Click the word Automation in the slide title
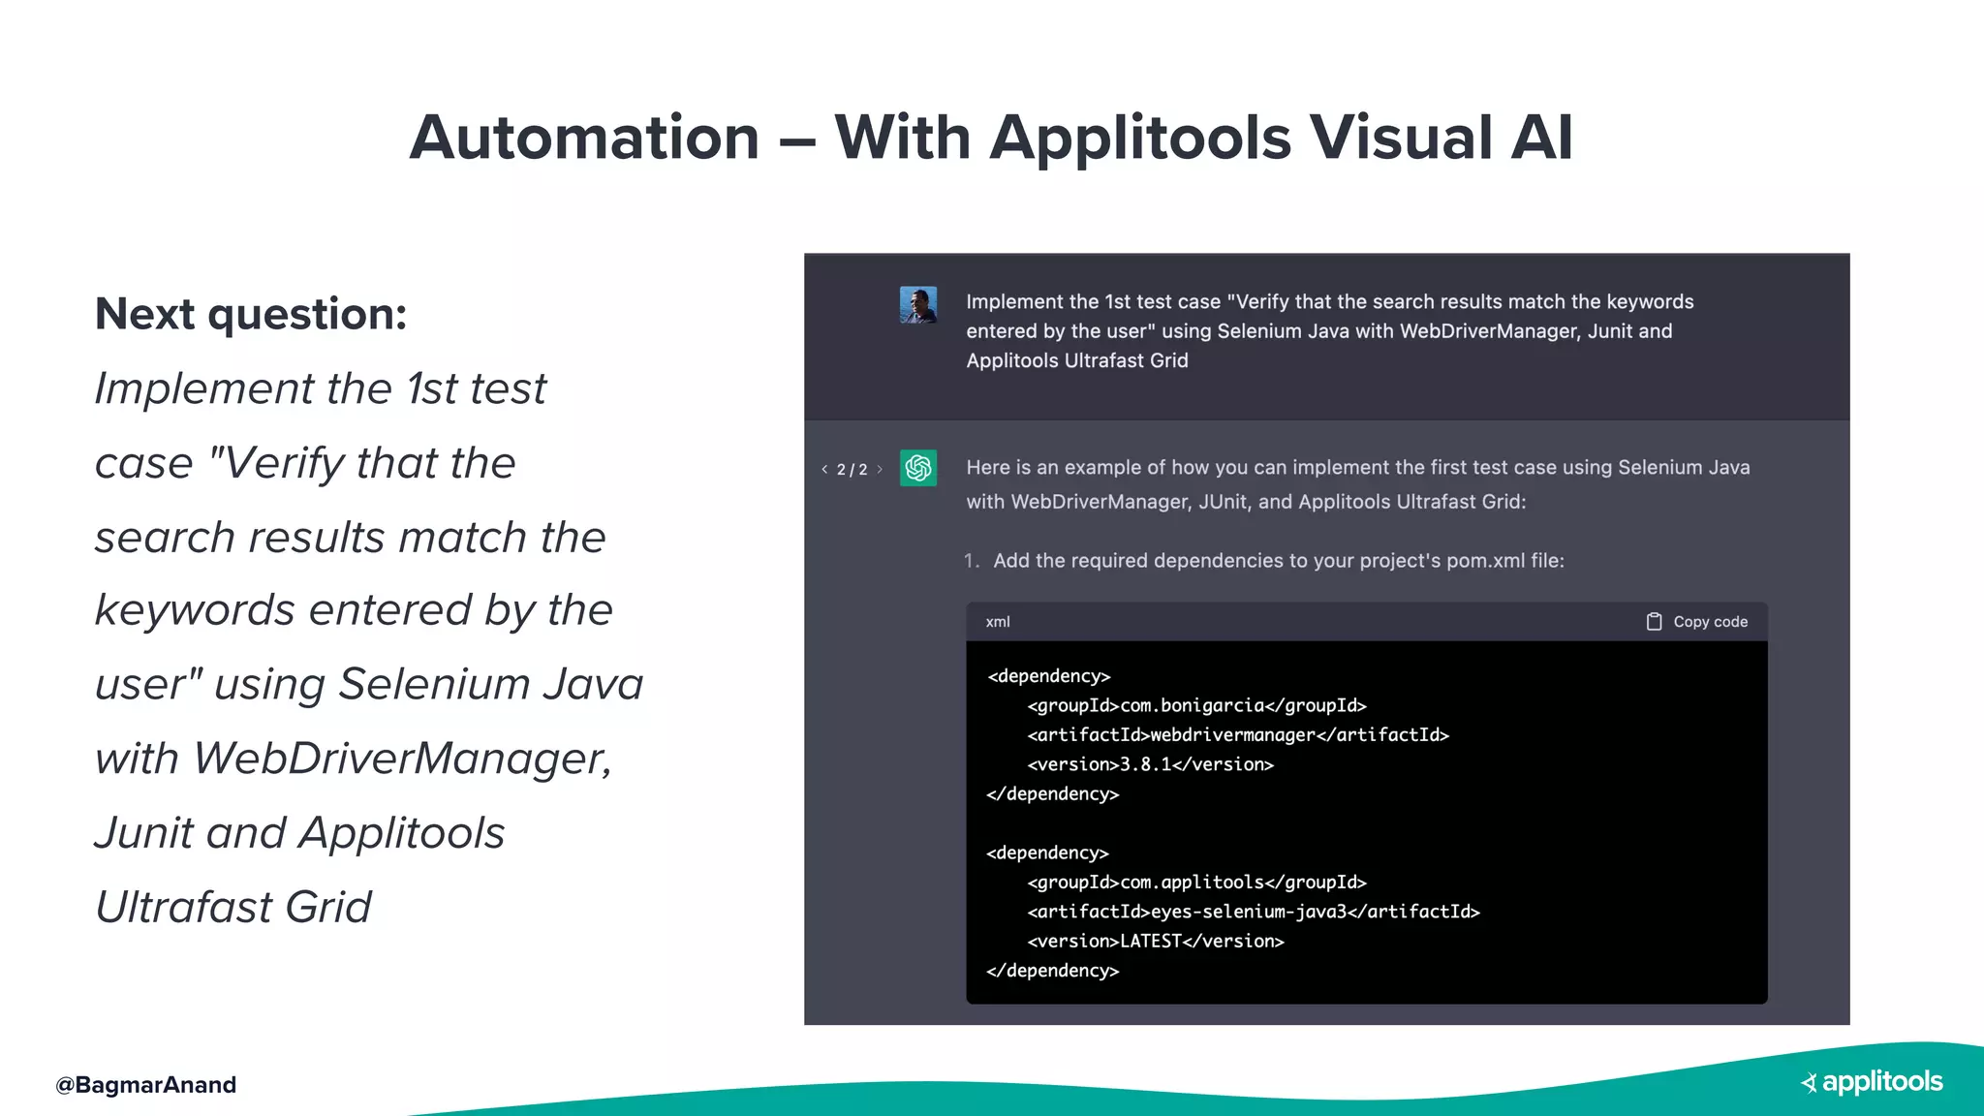pyautogui.click(x=584, y=138)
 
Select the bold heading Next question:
pyautogui.click(x=251, y=314)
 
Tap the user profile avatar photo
pyautogui.click(x=917, y=305)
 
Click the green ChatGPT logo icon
pyautogui.click(x=917, y=469)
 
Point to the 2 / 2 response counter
pyautogui.click(x=852, y=470)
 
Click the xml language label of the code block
pyautogui.click(x=998, y=622)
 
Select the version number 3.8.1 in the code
pyautogui.click(x=1145, y=764)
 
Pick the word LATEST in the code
pyautogui.click(x=1151, y=941)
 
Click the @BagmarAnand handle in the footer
pyautogui.click(x=146, y=1085)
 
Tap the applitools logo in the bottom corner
pyautogui.click(x=1873, y=1082)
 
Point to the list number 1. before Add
pyautogui.click(x=972, y=561)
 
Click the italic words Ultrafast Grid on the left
pyautogui.click(x=233, y=908)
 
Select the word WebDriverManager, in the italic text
pyautogui.click(x=403, y=759)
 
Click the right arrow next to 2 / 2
pyautogui.click(x=880, y=470)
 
